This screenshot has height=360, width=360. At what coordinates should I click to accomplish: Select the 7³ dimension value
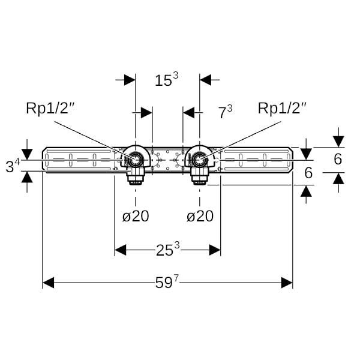225,112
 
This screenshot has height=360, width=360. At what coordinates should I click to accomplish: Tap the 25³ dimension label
168,250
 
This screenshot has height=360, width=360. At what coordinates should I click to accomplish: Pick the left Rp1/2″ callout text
50,108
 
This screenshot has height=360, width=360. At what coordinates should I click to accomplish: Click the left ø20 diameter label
136,216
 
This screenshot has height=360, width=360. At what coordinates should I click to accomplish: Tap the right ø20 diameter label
199,216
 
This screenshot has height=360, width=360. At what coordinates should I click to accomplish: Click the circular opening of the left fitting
136,160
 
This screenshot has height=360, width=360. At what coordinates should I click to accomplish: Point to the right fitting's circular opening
200,160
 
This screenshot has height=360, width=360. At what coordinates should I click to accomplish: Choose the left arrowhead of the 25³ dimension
121,250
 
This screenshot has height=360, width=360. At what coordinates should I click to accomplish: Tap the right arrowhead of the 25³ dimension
215,250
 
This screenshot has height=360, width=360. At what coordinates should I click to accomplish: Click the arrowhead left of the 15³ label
130,80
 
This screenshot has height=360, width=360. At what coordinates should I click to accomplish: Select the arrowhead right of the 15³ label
206,80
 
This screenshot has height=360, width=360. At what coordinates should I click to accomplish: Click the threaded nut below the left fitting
136,177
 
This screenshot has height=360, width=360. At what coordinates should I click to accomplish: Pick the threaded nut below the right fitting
199,177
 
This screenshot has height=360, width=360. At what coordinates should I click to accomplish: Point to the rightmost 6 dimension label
338,159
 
